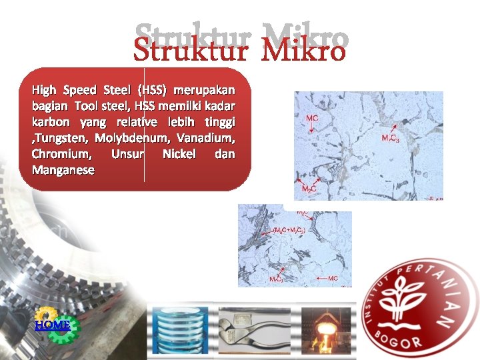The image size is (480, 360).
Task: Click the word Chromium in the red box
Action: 60,154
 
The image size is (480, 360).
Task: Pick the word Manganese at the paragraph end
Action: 63,170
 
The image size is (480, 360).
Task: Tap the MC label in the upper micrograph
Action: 312,118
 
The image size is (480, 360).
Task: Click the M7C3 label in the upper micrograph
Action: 390,138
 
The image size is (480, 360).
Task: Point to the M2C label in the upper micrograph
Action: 309,189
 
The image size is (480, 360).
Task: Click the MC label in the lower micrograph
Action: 333,277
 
